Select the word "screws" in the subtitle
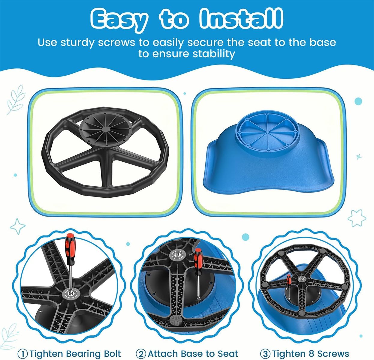(x=117, y=43)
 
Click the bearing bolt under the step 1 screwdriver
(x=71, y=293)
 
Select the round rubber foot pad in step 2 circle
(x=177, y=321)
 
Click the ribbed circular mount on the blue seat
(x=267, y=133)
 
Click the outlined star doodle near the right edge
(x=357, y=218)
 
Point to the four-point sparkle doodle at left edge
(x=18, y=226)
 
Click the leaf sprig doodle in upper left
(x=16, y=100)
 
